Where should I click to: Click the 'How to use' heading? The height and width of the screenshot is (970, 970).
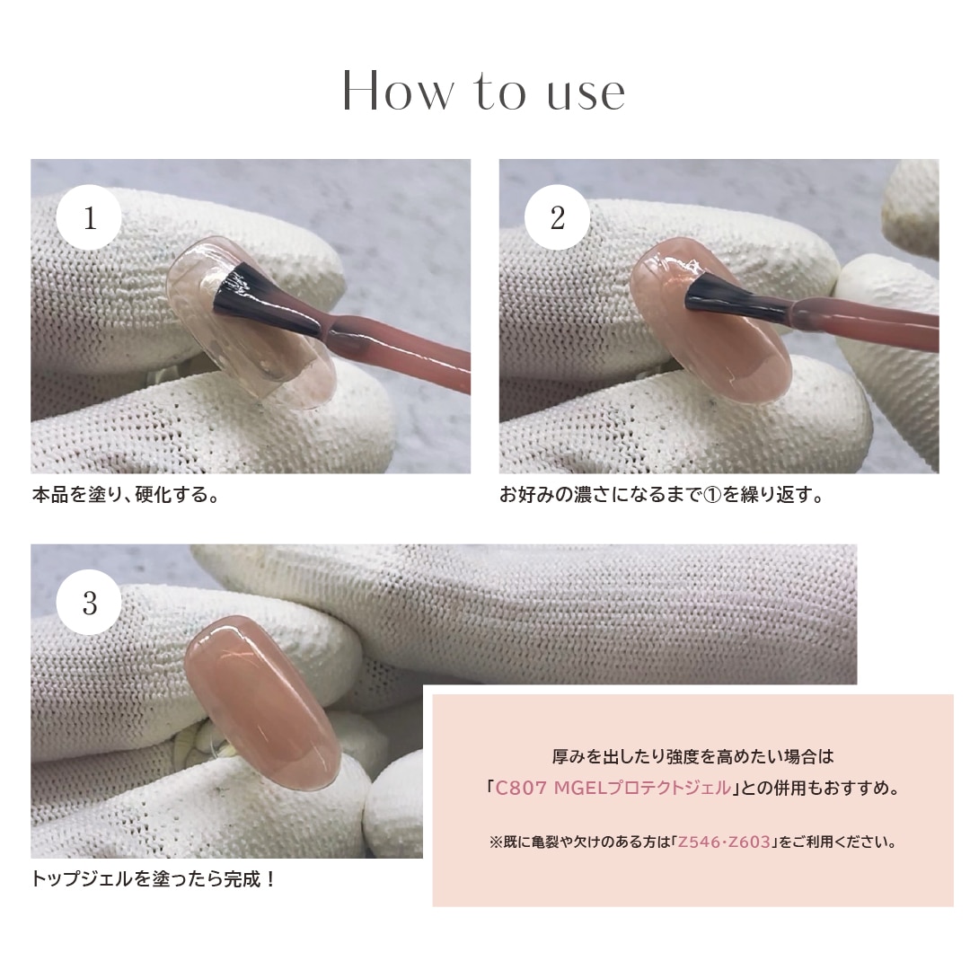pyautogui.click(x=484, y=91)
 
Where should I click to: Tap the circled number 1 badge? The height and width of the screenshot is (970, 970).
pyautogui.click(x=90, y=218)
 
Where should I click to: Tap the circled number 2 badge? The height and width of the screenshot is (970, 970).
pyautogui.click(x=557, y=218)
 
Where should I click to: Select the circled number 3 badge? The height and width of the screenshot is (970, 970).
pyautogui.click(x=90, y=603)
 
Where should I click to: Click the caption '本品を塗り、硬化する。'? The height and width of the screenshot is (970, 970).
pyautogui.click(x=126, y=495)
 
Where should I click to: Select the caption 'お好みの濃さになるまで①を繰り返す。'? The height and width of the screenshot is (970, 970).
pyautogui.click(x=662, y=495)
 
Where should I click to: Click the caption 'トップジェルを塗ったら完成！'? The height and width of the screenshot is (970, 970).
pyautogui.click(x=154, y=878)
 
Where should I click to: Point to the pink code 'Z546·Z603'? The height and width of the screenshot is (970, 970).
pyautogui.click(x=724, y=842)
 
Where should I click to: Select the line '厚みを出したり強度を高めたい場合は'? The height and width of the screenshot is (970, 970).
pyautogui.click(x=692, y=756)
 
